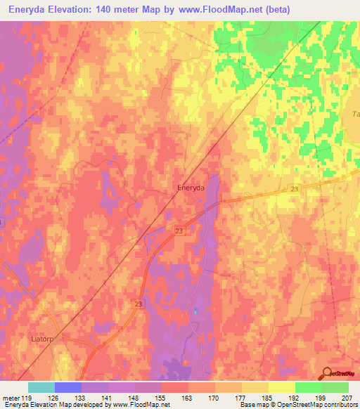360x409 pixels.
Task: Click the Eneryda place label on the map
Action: point(191,188)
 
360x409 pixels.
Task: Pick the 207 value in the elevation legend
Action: point(345,398)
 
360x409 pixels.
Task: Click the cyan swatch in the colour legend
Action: point(41,387)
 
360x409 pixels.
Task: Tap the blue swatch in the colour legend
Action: point(67,387)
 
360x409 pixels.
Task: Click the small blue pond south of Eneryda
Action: point(195,310)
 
